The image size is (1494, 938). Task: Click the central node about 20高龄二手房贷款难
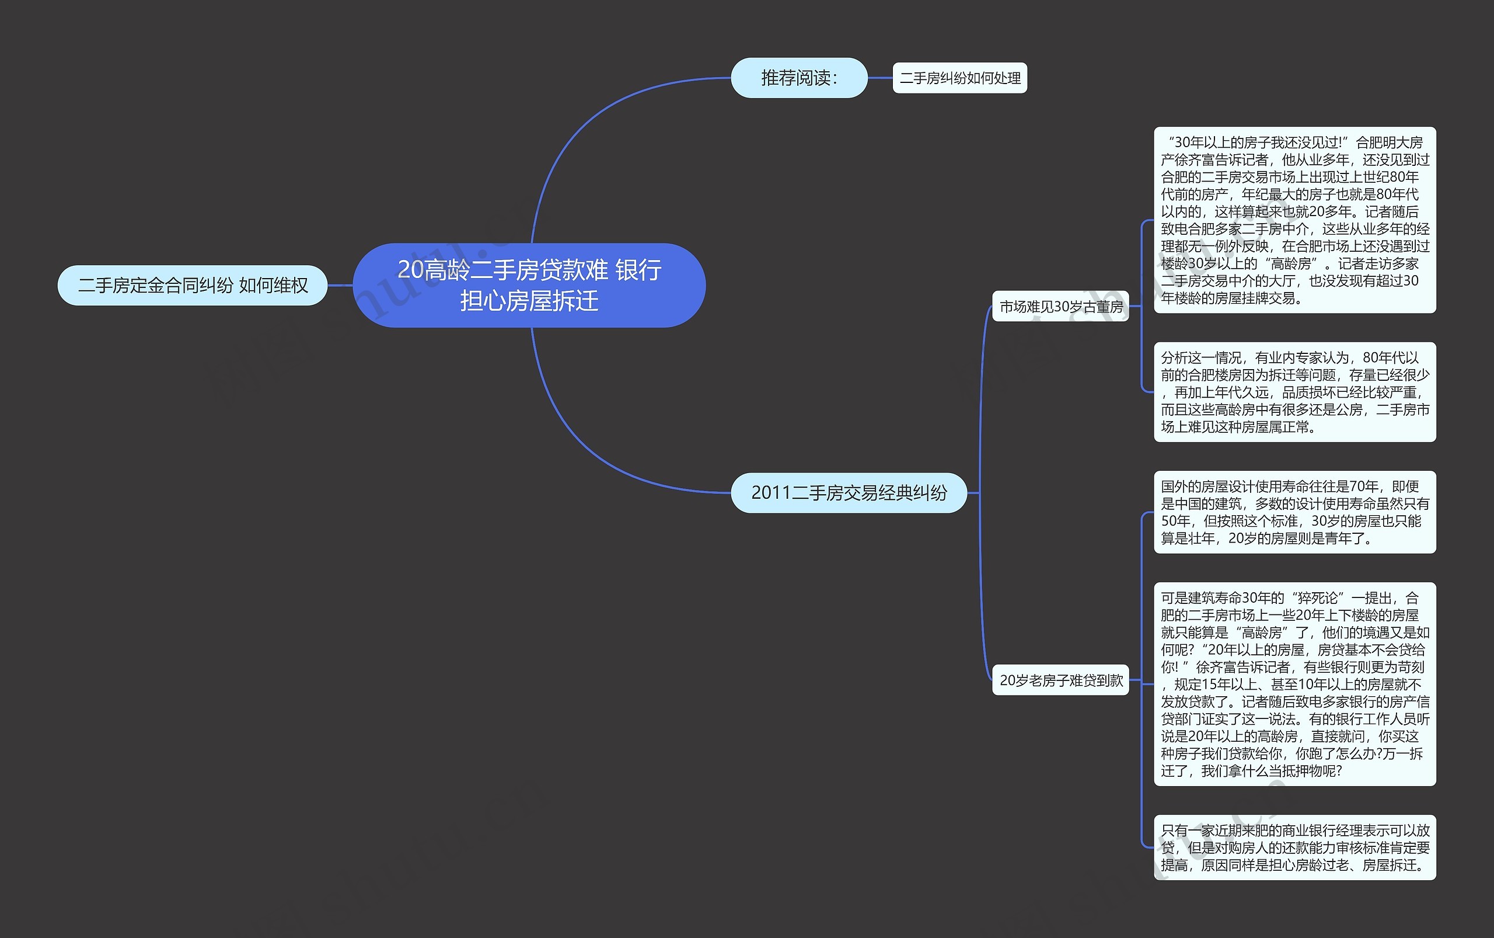pos(529,286)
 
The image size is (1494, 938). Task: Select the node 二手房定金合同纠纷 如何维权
pos(192,286)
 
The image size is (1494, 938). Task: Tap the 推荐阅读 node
pos(799,78)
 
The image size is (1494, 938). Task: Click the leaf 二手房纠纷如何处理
pos(959,78)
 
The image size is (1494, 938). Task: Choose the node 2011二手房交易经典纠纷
pos(849,492)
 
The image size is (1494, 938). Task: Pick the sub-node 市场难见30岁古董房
pos(1060,307)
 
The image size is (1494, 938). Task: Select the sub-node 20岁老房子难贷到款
pos(1060,680)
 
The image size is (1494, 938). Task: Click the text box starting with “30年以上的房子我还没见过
pos(1295,220)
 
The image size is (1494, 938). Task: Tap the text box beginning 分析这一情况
pos(1295,392)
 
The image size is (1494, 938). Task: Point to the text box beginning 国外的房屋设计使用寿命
pos(1295,512)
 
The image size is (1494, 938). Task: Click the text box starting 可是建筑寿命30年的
pos(1295,685)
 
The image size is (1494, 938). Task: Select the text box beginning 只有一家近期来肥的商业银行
pos(1295,847)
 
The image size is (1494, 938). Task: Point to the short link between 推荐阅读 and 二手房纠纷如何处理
pos(879,78)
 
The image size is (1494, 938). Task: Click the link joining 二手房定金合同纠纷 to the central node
pos(340,286)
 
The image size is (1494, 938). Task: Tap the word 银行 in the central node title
pos(638,270)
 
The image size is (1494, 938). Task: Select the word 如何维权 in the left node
pos(273,286)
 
